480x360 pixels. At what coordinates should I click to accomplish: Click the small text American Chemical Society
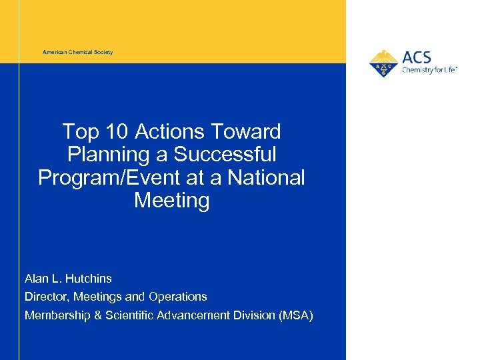[78, 52]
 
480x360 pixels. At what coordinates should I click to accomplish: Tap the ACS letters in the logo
[417, 57]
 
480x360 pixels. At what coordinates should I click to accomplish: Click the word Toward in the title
[248, 132]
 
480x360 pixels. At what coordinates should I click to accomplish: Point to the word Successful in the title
[225, 155]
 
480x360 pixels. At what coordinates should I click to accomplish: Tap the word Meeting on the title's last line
[171, 201]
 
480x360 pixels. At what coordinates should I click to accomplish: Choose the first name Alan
[37, 277]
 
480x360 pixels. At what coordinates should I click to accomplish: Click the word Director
[47, 297]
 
